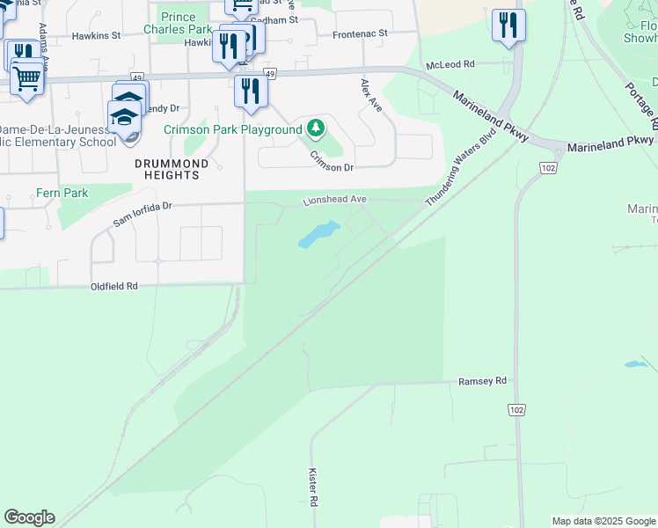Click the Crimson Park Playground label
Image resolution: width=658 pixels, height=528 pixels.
tap(233, 130)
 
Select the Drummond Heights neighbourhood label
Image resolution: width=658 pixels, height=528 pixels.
tap(172, 169)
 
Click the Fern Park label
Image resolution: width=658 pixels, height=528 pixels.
tap(62, 193)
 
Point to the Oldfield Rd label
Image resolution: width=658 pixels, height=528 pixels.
tap(114, 287)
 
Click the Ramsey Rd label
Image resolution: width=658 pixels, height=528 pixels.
tap(483, 381)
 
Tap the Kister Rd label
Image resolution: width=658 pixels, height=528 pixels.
tap(312, 486)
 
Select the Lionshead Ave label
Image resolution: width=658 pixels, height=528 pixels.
tap(334, 200)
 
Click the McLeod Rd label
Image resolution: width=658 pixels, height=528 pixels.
tap(450, 64)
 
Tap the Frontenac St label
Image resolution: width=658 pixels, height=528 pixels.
tap(360, 36)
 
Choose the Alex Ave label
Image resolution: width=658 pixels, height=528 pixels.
tap(370, 95)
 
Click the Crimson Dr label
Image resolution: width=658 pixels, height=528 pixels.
tap(331, 161)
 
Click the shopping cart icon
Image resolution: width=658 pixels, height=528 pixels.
tap(27, 77)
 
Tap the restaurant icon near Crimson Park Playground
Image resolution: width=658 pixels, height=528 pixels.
tap(251, 91)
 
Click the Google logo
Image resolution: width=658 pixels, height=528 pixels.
tap(29, 517)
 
